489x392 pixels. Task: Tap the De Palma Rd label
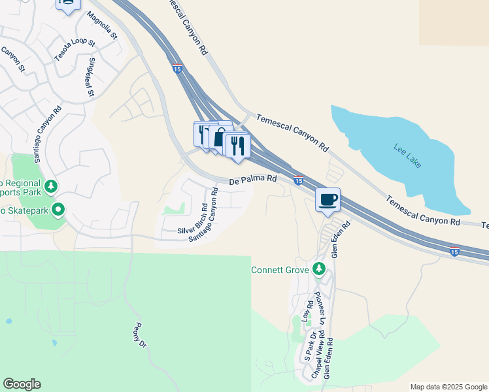tap(253, 178)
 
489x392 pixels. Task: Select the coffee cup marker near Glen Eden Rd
tap(328, 200)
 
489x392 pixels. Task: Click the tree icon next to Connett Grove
tap(318, 269)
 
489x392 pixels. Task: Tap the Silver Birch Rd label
tap(194, 218)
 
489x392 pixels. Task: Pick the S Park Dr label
tap(309, 347)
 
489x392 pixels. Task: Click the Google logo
tap(22, 384)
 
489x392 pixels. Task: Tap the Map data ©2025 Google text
tap(448, 387)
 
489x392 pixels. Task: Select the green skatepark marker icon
tap(58, 210)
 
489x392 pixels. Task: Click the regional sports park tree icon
tap(51, 188)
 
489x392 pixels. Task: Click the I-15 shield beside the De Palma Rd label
tap(298, 180)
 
